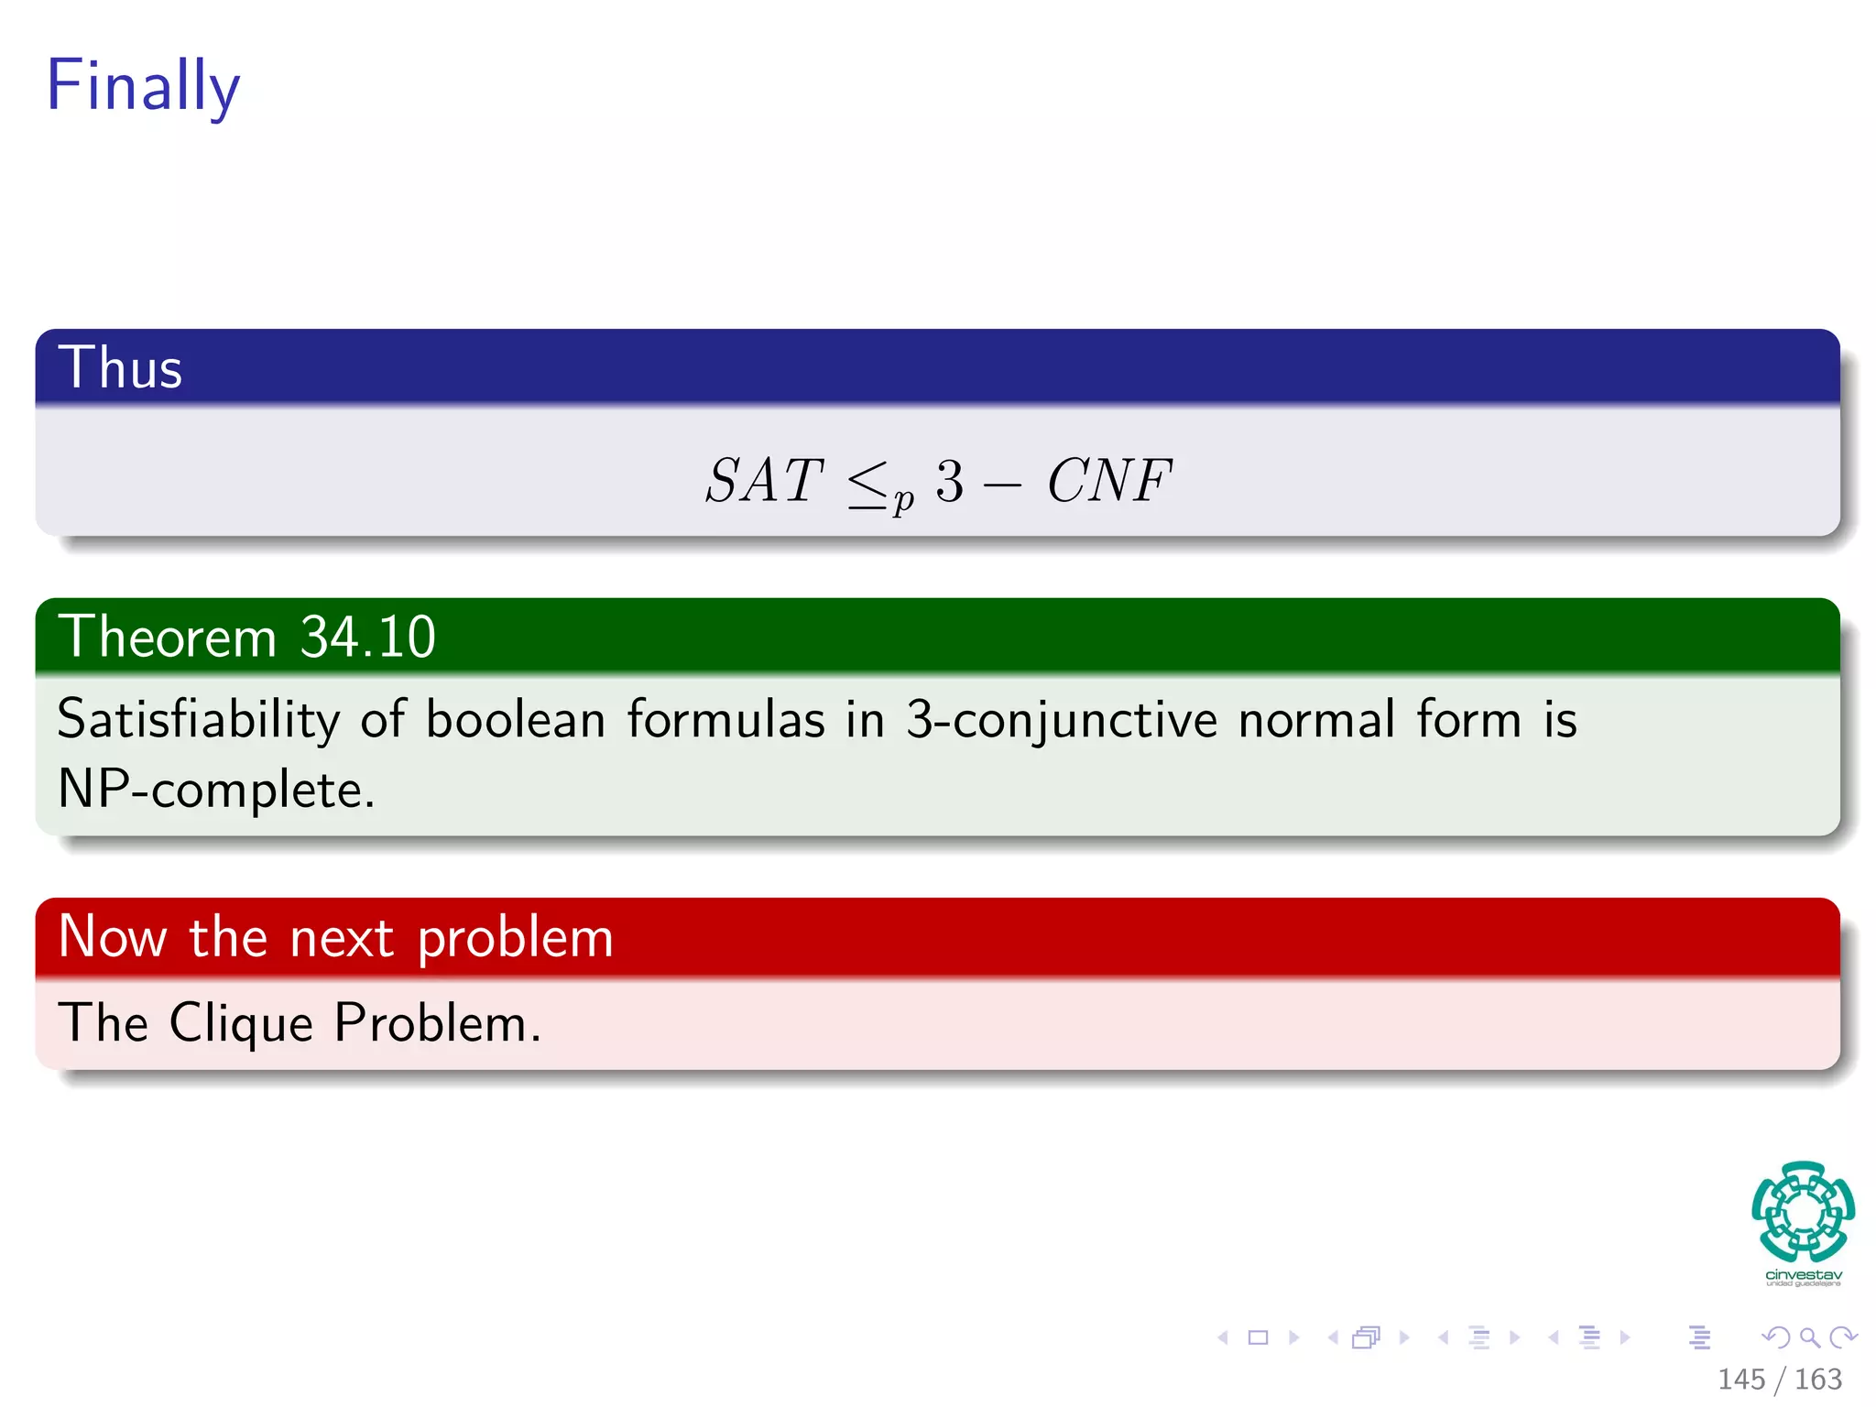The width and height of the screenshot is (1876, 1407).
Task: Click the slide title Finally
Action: point(143,84)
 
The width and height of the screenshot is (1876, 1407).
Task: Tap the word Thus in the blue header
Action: point(120,367)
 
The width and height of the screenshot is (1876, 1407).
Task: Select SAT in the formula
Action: point(764,480)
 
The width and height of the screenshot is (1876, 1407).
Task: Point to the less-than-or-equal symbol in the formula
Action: point(867,484)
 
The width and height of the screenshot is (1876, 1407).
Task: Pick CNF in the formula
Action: point(1109,480)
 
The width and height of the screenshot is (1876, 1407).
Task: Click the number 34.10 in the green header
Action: point(367,637)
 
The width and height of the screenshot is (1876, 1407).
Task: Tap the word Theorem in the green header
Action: point(167,637)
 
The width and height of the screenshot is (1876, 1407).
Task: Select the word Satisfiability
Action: point(198,719)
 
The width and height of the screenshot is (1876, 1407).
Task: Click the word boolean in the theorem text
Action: point(515,719)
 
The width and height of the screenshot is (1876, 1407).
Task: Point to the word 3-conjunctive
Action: point(1062,719)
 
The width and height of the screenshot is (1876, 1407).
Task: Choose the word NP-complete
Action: point(216,789)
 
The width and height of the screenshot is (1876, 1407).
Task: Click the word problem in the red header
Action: point(515,938)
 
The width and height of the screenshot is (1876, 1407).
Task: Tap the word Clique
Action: point(241,1022)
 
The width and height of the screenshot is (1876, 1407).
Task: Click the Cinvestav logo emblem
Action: point(1803,1211)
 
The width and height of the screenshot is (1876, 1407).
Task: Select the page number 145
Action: point(1740,1379)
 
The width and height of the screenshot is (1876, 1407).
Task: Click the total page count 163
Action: point(1817,1379)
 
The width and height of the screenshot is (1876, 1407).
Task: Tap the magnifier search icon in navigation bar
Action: point(1809,1337)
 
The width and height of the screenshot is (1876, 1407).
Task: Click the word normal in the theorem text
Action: point(1317,719)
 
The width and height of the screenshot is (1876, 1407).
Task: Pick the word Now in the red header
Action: point(112,938)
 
